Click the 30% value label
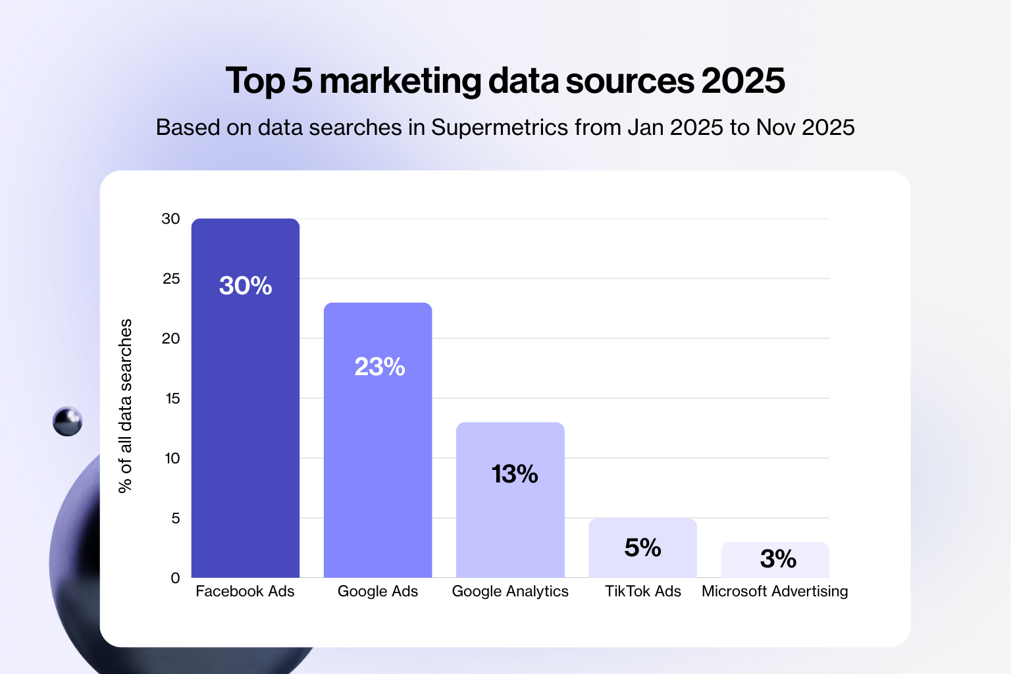246,286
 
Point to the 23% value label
380,367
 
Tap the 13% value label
515,474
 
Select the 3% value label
778,559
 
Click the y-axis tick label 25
171,278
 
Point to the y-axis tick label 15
172,398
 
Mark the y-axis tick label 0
175,578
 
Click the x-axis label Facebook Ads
245,591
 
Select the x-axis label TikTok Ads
642,591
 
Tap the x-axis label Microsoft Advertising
775,591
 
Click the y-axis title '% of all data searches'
125,405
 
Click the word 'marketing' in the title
400,82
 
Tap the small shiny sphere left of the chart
67,421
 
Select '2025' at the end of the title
742,81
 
